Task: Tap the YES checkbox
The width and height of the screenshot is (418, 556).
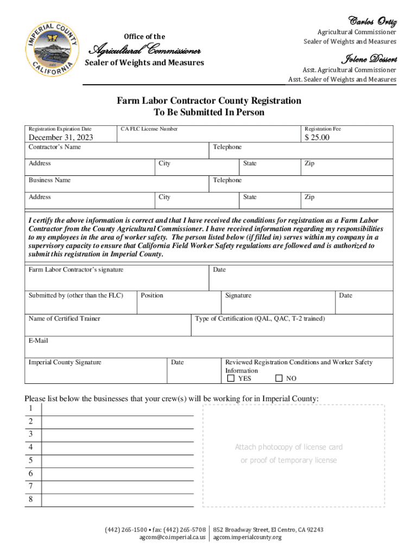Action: [x=231, y=378]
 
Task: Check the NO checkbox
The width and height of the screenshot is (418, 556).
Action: [x=279, y=378]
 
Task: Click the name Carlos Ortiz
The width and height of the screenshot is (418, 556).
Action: [x=373, y=22]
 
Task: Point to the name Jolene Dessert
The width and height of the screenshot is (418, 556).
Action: [x=369, y=59]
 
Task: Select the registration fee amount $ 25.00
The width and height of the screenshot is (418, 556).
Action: [x=317, y=137]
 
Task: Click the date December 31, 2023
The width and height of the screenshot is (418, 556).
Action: [x=61, y=137]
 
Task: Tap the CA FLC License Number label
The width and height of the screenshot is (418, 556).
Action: [x=149, y=129]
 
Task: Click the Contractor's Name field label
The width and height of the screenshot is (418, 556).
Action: [x=54, y=147]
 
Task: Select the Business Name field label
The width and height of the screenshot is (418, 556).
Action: [x=49, y=180]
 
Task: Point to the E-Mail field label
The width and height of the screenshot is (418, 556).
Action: [x=38, y=340]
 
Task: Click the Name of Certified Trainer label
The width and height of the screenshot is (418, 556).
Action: [x=64, y=318]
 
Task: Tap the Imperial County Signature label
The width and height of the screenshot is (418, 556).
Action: [x=65, y=362]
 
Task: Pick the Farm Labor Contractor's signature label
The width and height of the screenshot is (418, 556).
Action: [x=75, y=269]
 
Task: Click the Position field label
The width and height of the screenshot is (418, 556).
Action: [x=152, y=295]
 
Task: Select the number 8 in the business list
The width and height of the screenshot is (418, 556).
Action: [x=31, y=500]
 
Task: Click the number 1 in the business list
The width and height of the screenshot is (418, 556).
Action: [x=31, y=408]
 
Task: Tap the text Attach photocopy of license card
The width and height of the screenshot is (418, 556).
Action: [x=289, y=447]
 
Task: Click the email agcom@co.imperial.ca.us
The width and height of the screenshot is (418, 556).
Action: [x=173, y=538]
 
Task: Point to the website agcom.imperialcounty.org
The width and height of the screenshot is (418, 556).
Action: [x=247, y=538]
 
